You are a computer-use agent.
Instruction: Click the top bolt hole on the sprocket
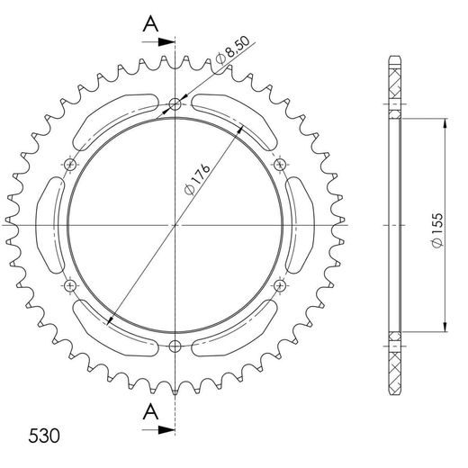click(175, 102)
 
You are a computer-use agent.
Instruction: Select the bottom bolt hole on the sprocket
click(175, 346)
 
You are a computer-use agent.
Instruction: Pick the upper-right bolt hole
click(280, 164)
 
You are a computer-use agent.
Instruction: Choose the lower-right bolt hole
click(280, 285)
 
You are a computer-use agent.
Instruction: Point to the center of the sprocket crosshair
click(175, 224)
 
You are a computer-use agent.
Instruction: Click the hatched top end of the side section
click(395, 85)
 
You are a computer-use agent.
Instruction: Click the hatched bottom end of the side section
click(395, 364)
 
